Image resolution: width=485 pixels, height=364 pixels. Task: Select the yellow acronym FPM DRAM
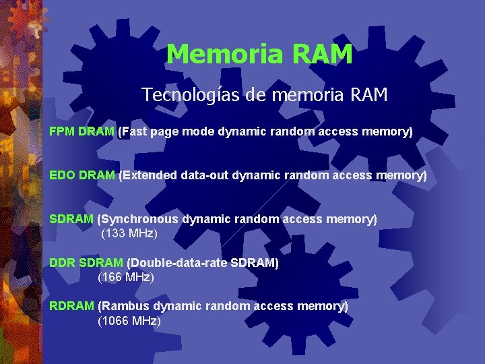[x=82, y=132]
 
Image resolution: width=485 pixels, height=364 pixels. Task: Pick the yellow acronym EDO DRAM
[x=82, y=176]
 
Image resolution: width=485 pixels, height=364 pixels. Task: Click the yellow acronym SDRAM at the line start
[x=71, y=219]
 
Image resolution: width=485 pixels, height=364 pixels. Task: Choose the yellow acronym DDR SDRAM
[x=86, y=263]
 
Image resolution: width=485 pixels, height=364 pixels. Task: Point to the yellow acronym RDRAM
[x=71, y=306]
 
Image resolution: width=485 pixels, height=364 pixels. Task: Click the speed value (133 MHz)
[x=129, y=233]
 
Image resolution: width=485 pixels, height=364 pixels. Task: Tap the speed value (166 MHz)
[x=126, y=277]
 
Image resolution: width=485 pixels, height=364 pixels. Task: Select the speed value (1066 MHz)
[x=129, y=321]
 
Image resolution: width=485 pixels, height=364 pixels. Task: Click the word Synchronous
[x=139, y=219]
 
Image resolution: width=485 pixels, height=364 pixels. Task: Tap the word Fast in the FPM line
[x=133, y=132]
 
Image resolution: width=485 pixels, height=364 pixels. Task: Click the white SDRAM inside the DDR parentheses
[x=254, y=263]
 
